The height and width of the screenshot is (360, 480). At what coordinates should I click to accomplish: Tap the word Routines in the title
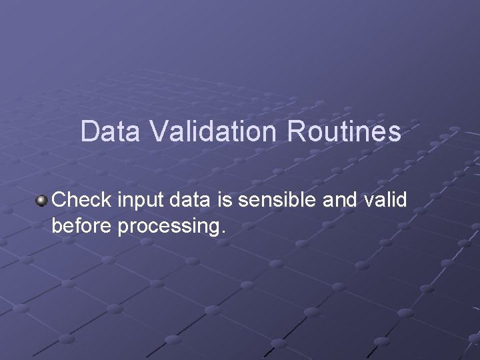(345, 131)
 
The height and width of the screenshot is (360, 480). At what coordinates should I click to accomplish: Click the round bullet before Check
(42, 199)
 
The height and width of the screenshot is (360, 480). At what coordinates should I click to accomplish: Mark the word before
(81, 226)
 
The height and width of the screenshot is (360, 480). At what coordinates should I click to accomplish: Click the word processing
(167, 227)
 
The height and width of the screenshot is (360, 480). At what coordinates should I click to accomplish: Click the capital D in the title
(89, 131)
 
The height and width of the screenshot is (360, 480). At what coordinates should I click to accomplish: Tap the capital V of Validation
(158, 131)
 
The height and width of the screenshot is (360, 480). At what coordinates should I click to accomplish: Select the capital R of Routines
(297, 131)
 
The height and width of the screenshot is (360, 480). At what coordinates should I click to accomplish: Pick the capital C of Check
(59, 199)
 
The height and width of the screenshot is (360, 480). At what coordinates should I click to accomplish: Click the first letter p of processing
(123, 229)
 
